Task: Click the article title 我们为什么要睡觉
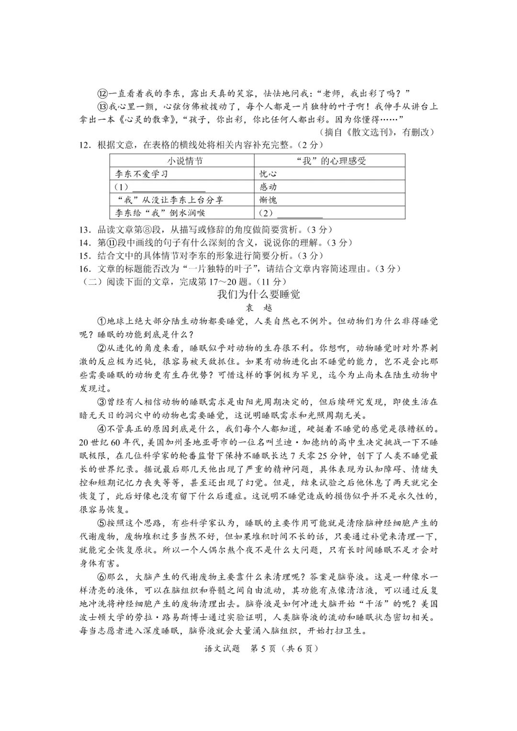pyautogui.click(x=258, y=294)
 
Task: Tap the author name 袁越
pyautogui.click(x=258, y=308)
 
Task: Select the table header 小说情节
pyautogui.click(x=184, y=161)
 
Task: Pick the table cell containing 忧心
pyautogui.click(x=268, y=174)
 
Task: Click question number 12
pyautogui.click(x=86, y=145)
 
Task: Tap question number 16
pyautogui.click(x=86, y=269)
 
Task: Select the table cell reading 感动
pyautogui.click(x=268, y=187)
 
